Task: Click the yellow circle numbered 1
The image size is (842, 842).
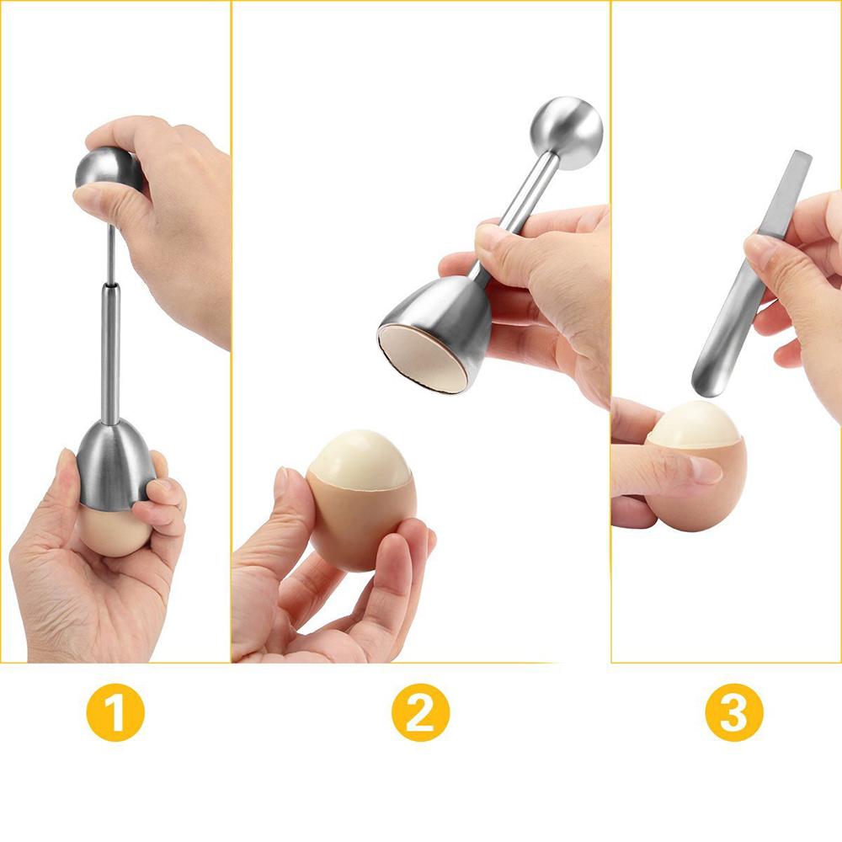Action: [x=115, y=712]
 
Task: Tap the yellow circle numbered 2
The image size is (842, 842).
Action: [x=420, y=712]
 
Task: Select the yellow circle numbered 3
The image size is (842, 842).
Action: [x=734, y=712]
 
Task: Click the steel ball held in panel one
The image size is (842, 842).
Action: [x=108, y=169]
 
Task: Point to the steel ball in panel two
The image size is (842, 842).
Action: [x=568, y=131]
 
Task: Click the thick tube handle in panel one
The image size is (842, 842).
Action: [x=110, y=354]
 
